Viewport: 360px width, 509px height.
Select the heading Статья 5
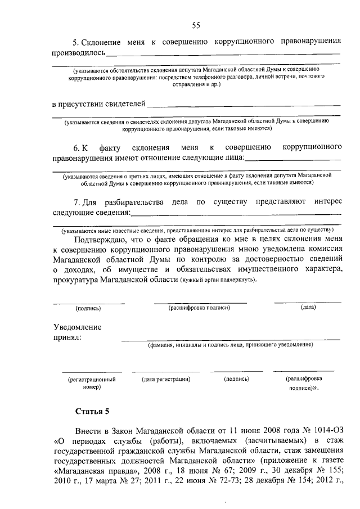tap(93, 409)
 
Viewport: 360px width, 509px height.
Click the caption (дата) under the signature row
tap(308, 308)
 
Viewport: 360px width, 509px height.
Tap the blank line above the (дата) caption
tap(308, 303)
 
